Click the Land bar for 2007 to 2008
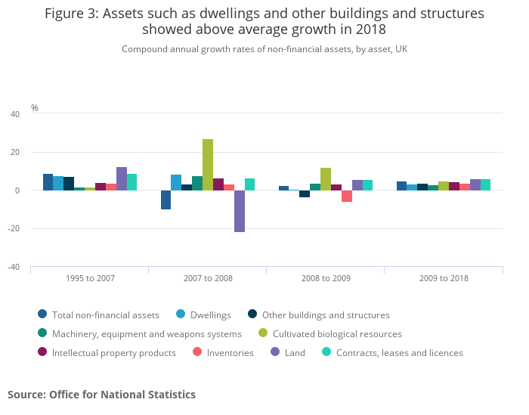(240, 211)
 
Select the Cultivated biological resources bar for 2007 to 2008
(208, 165)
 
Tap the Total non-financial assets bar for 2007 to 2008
(166, 200)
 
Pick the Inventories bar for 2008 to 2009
(347, 196)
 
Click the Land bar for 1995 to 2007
(122, 178)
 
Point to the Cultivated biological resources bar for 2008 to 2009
(326, 179)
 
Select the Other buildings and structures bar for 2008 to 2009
(305, 194)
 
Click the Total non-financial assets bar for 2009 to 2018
(401, 186)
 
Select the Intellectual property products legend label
(113, 352)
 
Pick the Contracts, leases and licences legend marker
(326, 352)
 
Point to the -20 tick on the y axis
(14, 228)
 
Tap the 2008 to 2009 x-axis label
(326, 278)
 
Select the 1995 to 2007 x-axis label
(90, 278)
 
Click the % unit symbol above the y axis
(35, 108)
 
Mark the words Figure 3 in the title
(73, 14)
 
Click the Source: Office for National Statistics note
(101, 395)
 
